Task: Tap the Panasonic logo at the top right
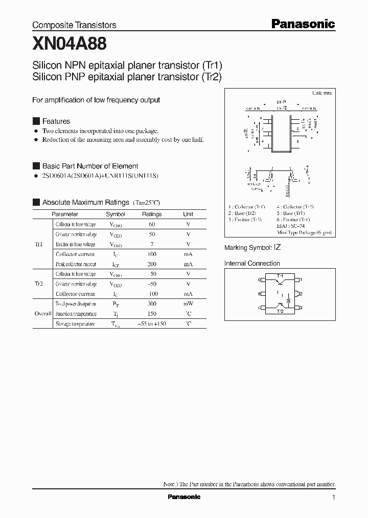click(302, 24)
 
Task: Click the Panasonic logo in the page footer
click(184, 497)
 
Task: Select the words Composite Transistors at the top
click(74, 25)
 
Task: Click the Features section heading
click(56, 121)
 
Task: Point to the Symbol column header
click(115, 214)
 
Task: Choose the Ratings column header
click(152, 214)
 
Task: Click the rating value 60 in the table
click(152, 224)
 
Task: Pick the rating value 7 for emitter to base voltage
click(152, 244)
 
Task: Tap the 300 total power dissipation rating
click(152, 304)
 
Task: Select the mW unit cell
click(188, 304)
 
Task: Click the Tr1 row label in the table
click(39, 244)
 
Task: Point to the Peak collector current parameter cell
click(76, 264)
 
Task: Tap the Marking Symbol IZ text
click(252, 247)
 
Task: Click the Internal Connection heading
click(252, 264)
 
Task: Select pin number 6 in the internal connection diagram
click(260, 280)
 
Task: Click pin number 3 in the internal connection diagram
click(301, 308)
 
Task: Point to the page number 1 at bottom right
click(333, 498)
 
